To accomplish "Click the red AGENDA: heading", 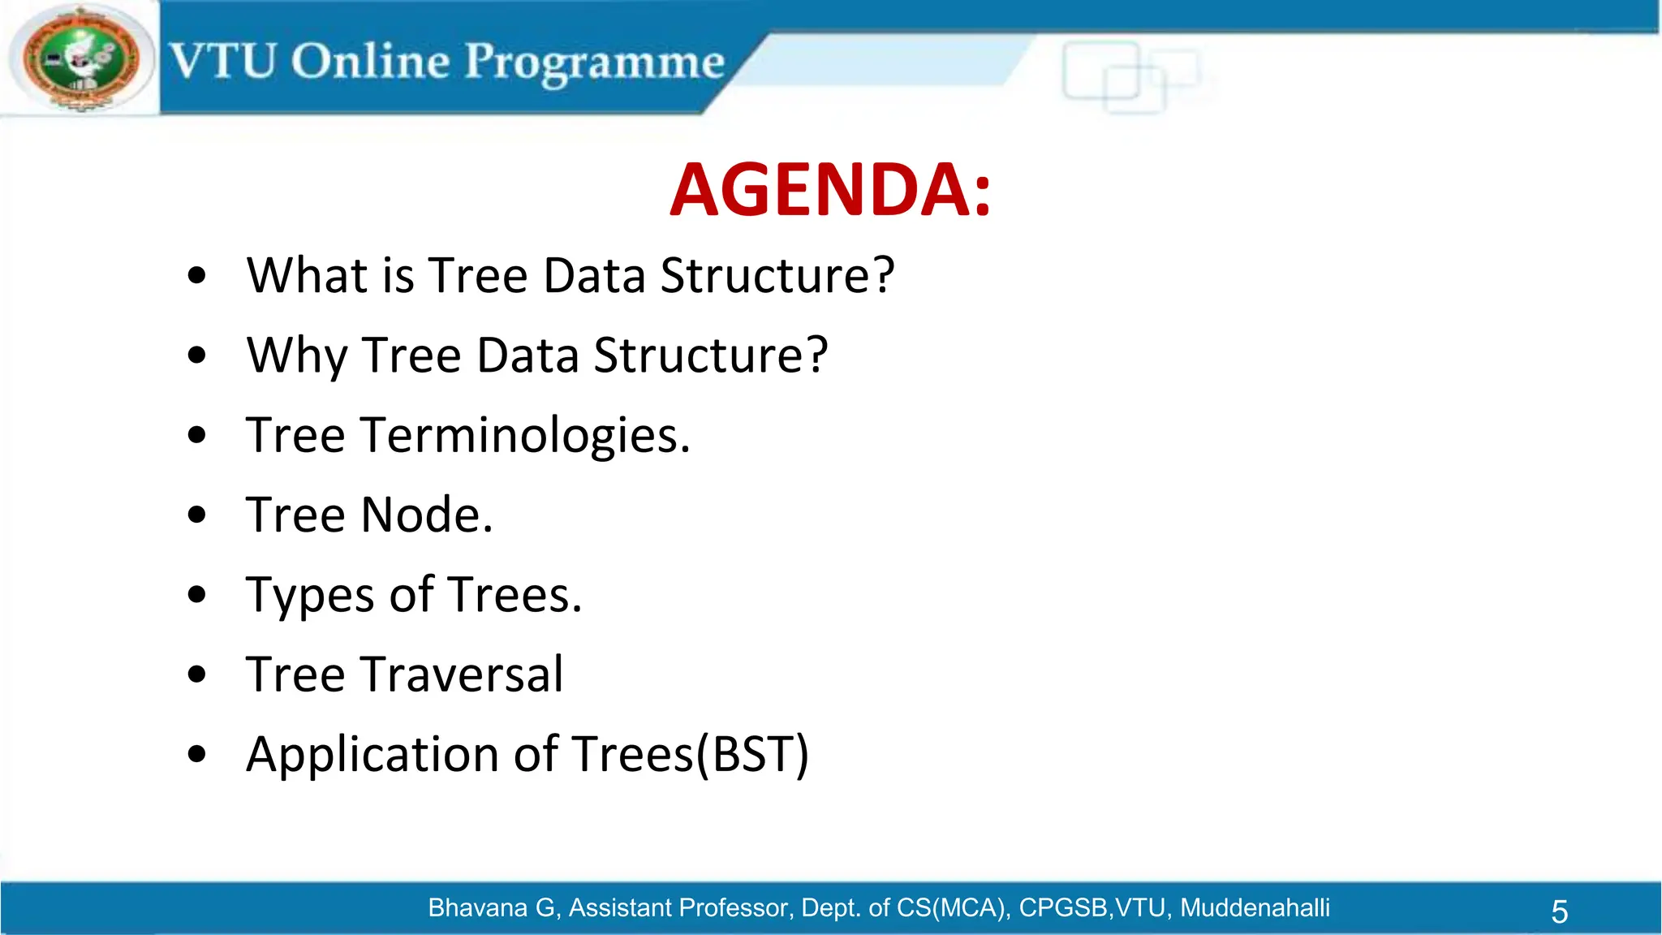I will (830, 190).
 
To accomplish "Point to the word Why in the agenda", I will (297, 355).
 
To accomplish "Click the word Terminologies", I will (524, 436).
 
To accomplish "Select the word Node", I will (426, 515).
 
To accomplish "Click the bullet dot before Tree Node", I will (196, 515).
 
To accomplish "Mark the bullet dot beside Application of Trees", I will (196, 754).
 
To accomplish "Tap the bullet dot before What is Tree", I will (196, 275).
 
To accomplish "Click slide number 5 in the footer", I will (1559, 911).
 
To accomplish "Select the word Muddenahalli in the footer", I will (1255, 907).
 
